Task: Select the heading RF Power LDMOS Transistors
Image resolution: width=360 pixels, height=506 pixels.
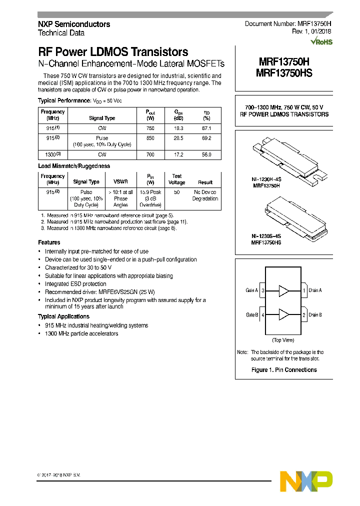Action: click(113, 52)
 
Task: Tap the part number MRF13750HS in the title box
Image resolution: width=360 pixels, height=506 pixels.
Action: click(284, 73)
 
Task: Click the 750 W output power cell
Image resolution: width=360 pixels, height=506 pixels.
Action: click(150, 128)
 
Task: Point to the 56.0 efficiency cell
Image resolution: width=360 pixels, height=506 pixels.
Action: click(206, 155)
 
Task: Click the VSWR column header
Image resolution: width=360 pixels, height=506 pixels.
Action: click(120, 182)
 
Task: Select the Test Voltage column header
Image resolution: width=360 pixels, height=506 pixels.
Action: click(177, 179)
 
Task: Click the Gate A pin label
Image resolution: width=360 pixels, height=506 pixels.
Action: click(252, 290)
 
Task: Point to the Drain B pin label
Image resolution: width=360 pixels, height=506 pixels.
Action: click(315, 314)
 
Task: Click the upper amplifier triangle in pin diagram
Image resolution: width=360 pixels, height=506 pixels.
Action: click(284, 290)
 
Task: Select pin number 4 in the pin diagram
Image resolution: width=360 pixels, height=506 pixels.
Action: click(262, 314)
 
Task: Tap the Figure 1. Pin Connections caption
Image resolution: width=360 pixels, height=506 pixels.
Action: click(283, 370)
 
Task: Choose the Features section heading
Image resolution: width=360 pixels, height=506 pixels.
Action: click(49, 242)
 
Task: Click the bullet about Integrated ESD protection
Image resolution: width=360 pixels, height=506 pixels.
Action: click(75, 284)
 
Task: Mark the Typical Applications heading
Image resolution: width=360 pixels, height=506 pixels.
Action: click(63, 316)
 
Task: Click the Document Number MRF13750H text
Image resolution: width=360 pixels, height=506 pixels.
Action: click(288, 24)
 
